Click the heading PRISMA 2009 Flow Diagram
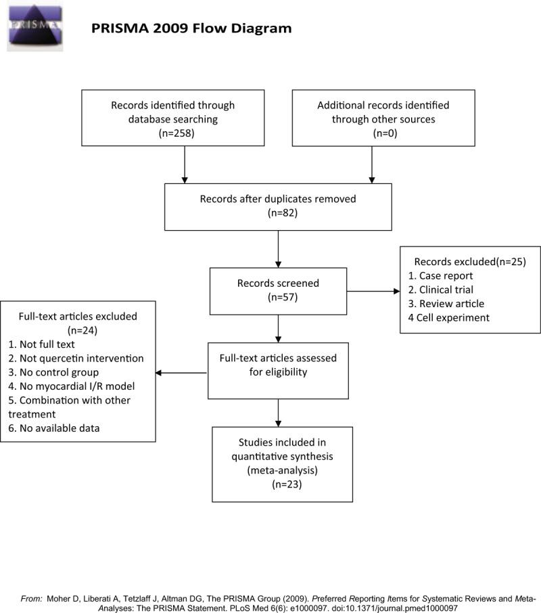(x=191, y=28)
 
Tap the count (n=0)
(x=371, y=133)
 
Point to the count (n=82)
(x=278, y=213)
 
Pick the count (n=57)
(x=278, y=296)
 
